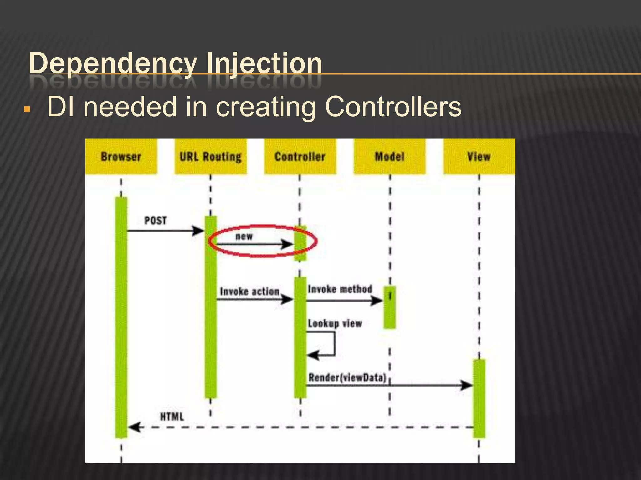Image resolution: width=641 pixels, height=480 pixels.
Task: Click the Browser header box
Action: coord(121,156)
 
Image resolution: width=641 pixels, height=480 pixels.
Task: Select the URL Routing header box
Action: coord(210,156)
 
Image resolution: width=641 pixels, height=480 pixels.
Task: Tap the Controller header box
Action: coord(300,156)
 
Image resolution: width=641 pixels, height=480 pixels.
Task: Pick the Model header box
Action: coord(389,156)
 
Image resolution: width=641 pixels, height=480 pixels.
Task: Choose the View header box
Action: coord(479,156)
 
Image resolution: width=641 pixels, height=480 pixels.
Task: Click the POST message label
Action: coord(155,221)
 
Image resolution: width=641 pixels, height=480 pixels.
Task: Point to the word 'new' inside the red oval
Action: coord(244,237)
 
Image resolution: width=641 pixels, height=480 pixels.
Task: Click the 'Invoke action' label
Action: coord(249,292)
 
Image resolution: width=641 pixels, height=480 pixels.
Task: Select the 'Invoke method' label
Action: coord(340,289)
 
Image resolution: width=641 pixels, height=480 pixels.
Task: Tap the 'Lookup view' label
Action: coord(335,323)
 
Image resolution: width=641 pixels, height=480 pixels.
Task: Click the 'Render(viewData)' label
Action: coord(347,378)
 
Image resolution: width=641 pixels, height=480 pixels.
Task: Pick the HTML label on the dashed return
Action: coord(172,417)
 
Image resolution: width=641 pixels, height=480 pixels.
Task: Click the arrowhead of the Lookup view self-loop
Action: coord(312,355)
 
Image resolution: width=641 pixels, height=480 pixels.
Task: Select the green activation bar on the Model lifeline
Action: coord(390,307)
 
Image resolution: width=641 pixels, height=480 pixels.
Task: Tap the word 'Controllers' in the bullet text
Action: coord(393,107)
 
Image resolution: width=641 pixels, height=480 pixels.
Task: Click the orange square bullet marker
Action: coord(27,109)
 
